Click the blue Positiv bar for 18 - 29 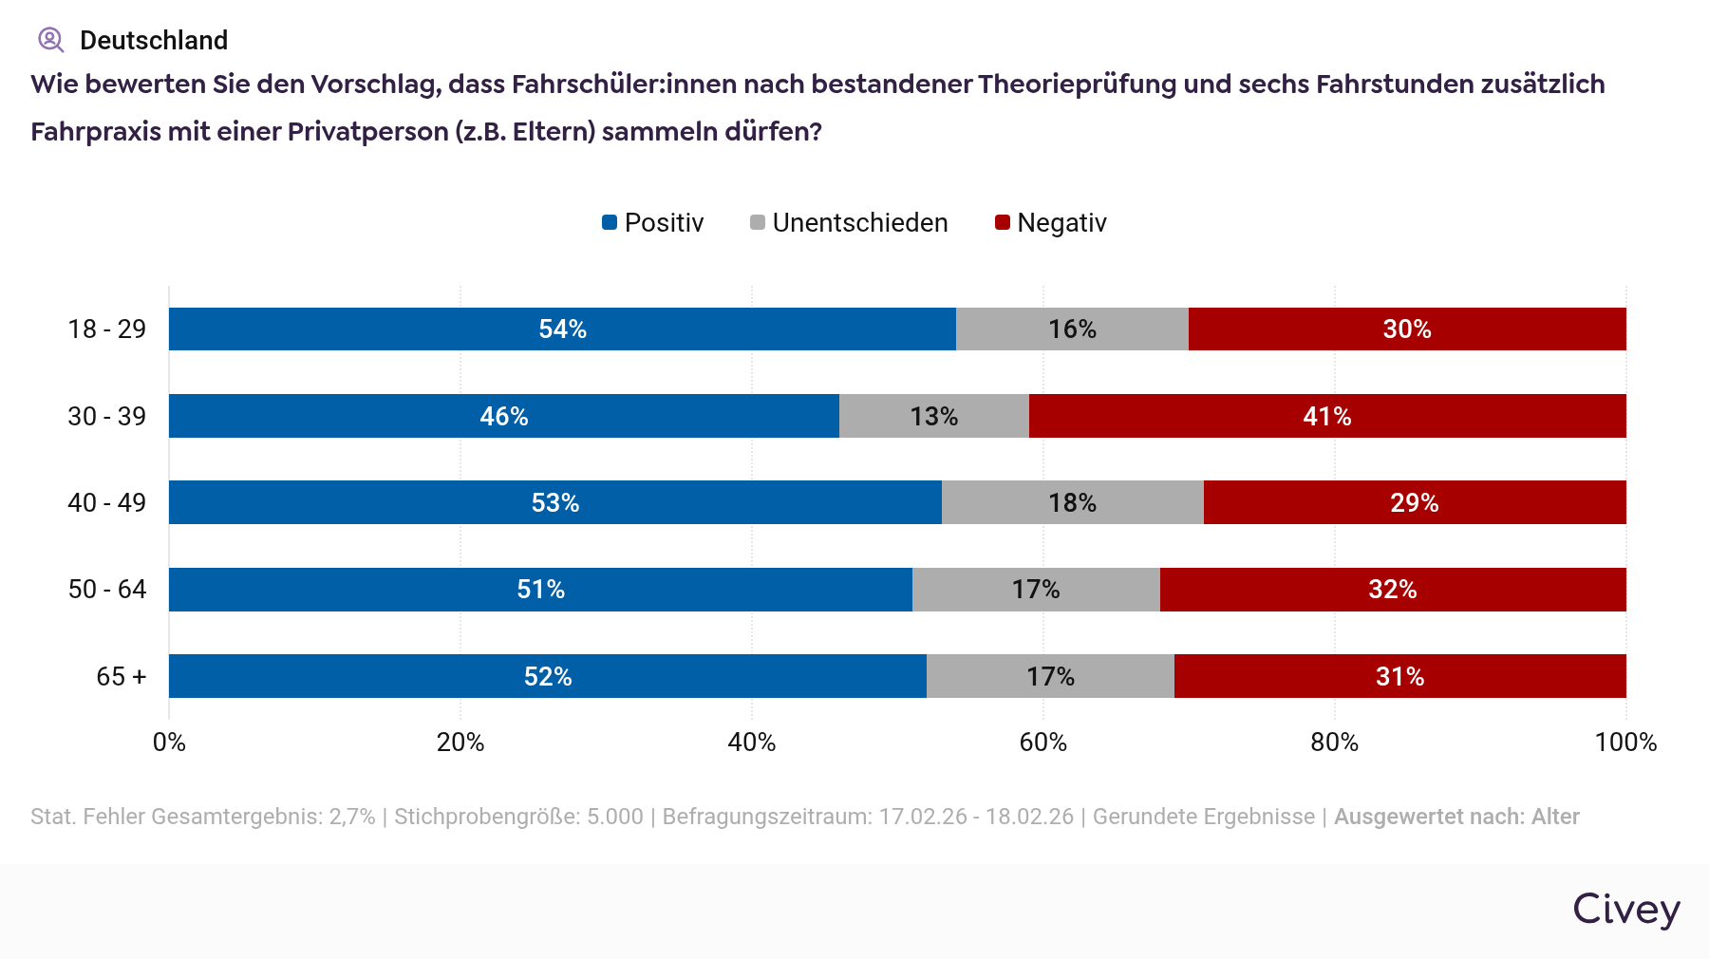[x=562, y=329]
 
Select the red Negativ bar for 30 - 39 [x=1326, y=416]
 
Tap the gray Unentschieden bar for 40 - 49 [x=1072, y=502]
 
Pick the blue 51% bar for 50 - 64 [x=540, y=590]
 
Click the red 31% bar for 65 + [x=1399, y=676]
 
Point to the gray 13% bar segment [x=933, y=416]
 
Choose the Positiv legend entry [x=653, y=223]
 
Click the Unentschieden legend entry [x=849, y=223]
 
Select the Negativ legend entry [x=1051, y=223]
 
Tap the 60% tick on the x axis [x=1042, y=743]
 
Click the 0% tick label [x=169, y=743]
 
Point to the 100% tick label [x=1625, y=743]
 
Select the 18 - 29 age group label [x=107, y=329]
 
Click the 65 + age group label [x=122, y=677]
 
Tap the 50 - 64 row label [x=107, y=590]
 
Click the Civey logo [x=1625, y=910]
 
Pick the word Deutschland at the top [x=154, y=40]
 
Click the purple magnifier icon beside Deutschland [x=50, y=40]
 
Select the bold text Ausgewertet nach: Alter [x=1456, y=817]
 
